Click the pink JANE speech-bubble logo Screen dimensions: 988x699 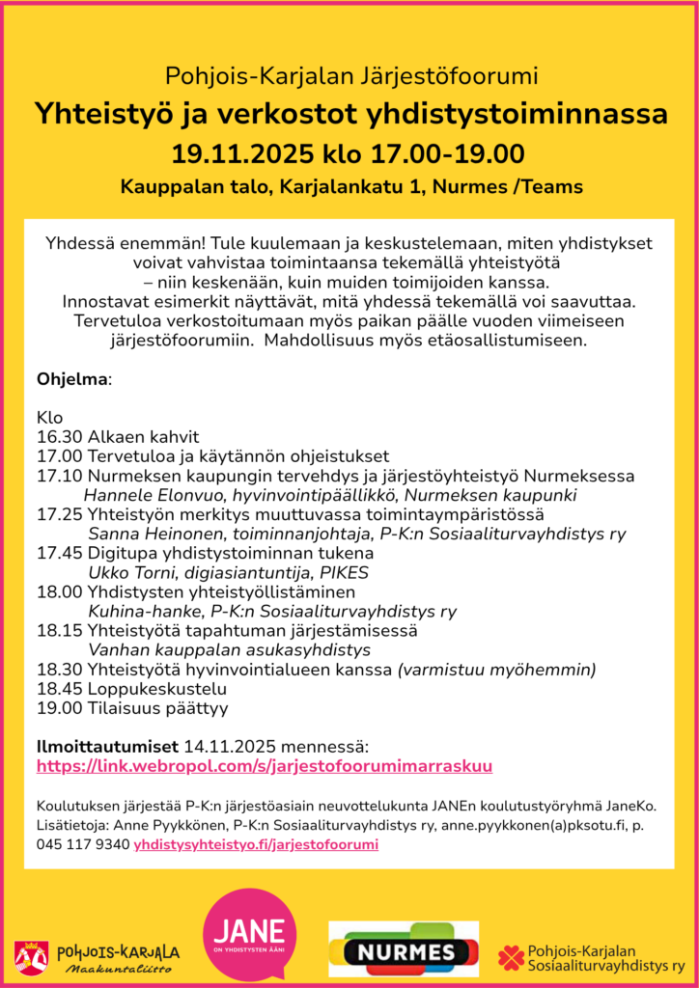click(249, 934)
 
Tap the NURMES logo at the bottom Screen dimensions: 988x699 click(404, 951)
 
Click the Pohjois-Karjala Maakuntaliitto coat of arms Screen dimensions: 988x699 click(31, 956)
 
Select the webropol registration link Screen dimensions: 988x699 click(265, 767)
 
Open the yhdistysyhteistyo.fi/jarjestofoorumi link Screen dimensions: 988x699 click(256, 844)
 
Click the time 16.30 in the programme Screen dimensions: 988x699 click(59, 437)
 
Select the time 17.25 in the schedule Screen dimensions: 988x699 click(59, 514)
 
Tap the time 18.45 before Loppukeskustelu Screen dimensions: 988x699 click(59, 689)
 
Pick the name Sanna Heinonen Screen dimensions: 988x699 click(146, 534)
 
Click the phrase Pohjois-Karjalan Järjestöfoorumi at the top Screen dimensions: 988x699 click(350, 75)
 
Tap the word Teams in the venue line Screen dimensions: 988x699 click(553, 186)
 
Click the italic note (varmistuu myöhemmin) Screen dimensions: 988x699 click(496, 670)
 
